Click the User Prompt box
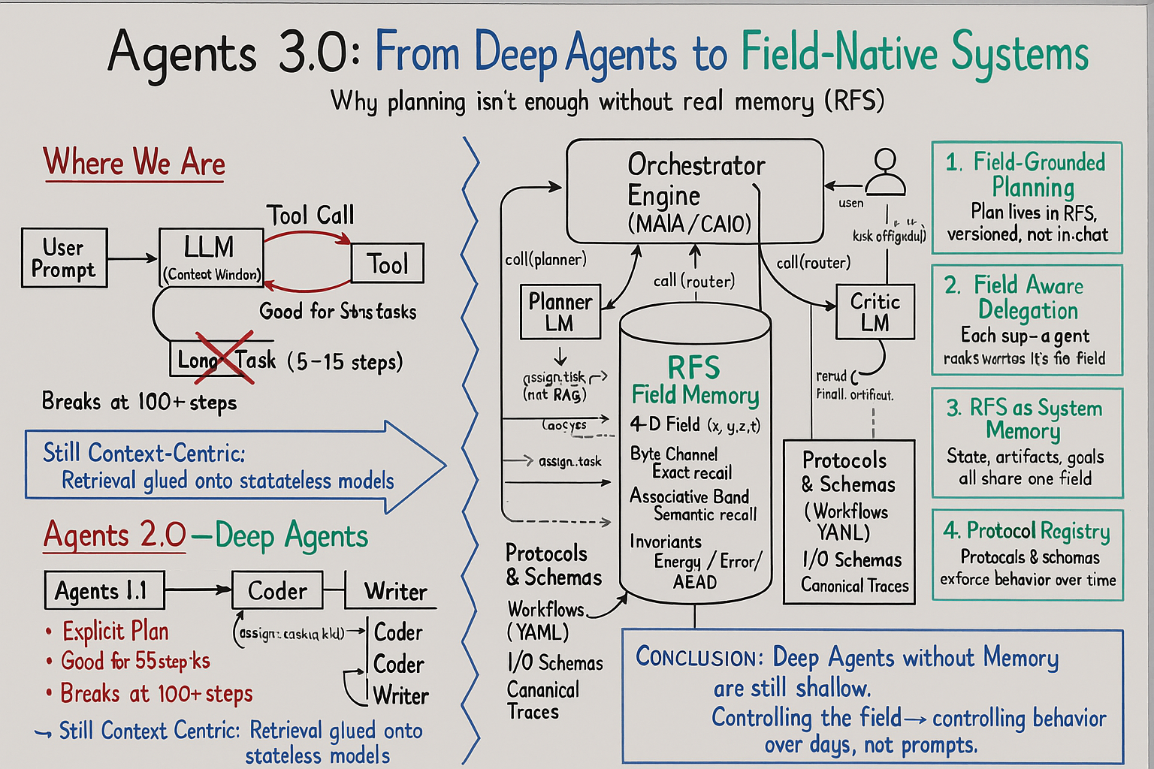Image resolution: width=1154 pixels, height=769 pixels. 64,258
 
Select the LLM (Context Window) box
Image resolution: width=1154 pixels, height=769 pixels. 211,258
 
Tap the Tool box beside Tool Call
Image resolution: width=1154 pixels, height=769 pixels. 388,264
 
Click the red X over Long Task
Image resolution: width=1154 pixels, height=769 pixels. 225,358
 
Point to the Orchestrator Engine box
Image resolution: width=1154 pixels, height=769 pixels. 694,192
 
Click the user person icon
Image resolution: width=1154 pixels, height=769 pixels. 885,173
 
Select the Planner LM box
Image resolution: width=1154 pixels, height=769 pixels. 560,312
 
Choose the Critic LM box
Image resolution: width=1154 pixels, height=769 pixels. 875,312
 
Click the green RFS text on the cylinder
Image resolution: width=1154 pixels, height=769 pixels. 693,368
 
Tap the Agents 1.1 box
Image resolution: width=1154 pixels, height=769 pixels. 104,591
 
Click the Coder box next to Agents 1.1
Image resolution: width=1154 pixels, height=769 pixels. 277,590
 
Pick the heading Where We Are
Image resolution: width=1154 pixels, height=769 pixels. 134,163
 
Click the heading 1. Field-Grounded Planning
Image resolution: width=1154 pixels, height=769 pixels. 1027,174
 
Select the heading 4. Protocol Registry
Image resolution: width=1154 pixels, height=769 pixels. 1027,531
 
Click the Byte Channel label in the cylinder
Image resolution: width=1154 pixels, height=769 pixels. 674,454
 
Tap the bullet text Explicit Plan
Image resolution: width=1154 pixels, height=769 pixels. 115,632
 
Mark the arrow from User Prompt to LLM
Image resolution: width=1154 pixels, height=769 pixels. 132,258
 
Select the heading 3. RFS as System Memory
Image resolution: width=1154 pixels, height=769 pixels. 1026,419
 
